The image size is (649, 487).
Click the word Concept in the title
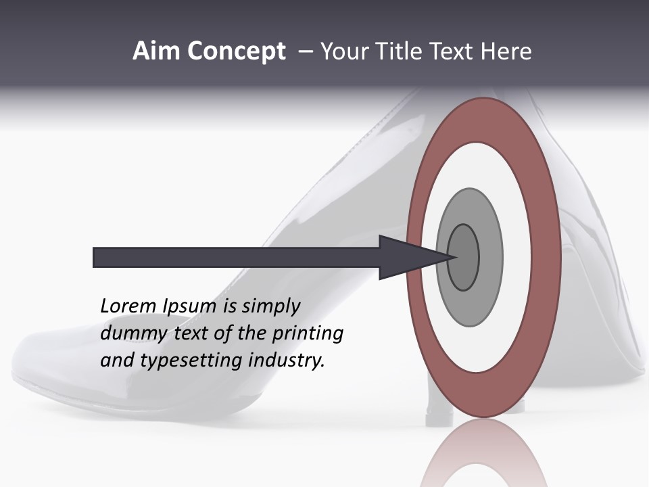[x=237, y=51]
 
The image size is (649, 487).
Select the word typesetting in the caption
[x=193, y=361]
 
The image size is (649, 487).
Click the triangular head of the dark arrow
[x=406, y=258]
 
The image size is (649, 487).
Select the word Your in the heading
[x=343, y=51]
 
